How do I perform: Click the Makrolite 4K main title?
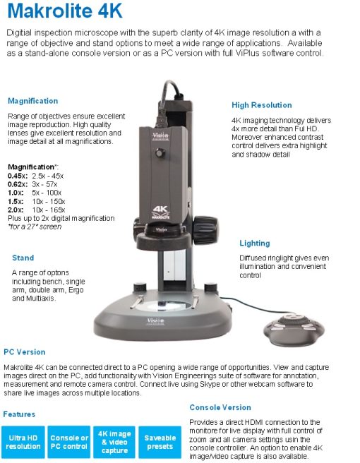65,11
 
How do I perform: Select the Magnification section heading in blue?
32,101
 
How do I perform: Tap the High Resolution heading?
262,105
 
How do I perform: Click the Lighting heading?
255,243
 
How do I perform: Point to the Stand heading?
23,258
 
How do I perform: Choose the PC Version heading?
25,352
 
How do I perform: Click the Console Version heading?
220,407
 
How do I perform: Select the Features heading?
19,414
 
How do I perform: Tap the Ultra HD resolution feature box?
23,442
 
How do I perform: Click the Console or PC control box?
69,442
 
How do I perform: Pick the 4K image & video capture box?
114,442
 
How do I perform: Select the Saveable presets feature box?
160,442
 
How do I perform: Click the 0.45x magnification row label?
18,176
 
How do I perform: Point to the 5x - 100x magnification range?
47,193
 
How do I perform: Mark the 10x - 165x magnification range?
49,210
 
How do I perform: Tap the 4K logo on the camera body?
161,212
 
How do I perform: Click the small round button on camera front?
160,152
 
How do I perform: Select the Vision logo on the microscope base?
155,321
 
